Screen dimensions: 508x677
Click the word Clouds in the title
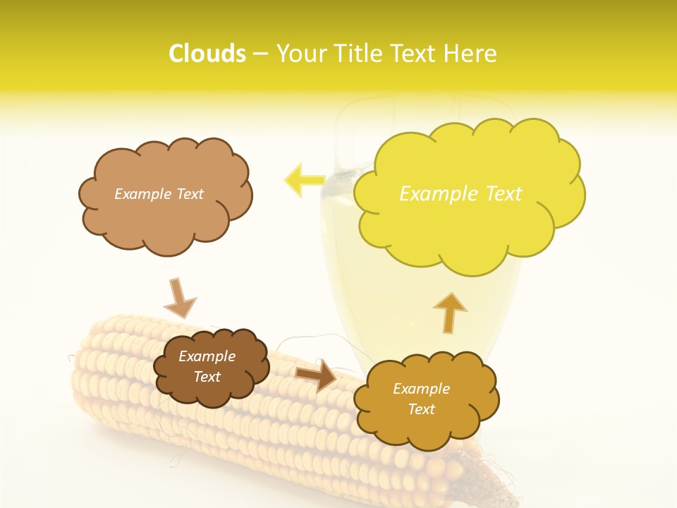(x=207, y=54)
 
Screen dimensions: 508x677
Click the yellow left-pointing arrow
(x=303, y=180)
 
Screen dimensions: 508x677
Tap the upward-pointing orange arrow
(x=449, y=313)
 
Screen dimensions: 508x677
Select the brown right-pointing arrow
(x=317, y=375)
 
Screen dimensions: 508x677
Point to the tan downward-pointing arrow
(x=179, y=299)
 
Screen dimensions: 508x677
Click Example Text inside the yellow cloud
(x=461, y=194)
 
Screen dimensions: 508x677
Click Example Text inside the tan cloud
(x=159, y=194)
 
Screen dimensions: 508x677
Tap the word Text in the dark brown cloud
(x=207, y=377)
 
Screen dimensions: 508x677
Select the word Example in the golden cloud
(x=421, y=389)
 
